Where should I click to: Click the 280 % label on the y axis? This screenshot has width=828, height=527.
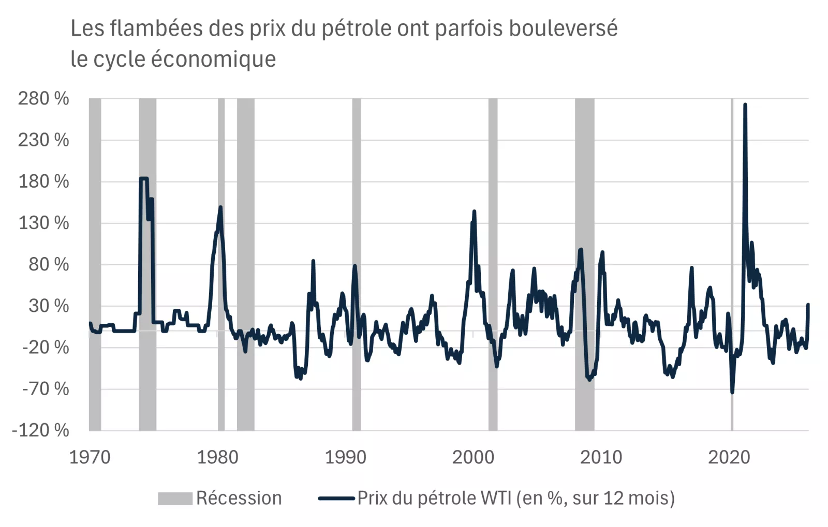[43, 98]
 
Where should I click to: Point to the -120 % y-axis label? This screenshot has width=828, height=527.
[40, 430]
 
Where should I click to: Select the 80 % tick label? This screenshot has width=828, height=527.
[49, 264]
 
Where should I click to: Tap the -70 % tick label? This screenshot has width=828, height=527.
[45, 388]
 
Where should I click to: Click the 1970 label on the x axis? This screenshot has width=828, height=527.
[90, 457]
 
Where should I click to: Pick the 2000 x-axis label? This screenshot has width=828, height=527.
[473, 457]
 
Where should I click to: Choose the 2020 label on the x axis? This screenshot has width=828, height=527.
[729, 457]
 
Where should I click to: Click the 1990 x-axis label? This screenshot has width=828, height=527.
[345, 457]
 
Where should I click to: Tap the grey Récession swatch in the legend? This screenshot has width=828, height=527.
[175, 498]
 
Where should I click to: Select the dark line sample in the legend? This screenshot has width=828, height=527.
[336, 499]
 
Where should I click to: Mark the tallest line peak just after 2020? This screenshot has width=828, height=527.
[745, 105]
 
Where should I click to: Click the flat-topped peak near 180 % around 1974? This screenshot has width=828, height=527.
[144, 178]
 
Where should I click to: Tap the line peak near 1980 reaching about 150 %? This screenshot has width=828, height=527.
[220, 207]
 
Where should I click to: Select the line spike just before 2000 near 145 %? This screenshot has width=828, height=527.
[474, 211]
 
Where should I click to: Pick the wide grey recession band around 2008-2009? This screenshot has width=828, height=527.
[584, 264]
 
